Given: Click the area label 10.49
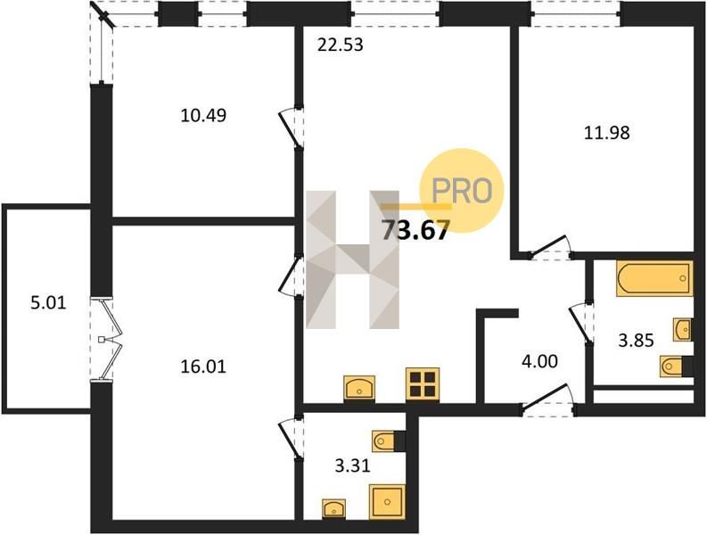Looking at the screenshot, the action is [203, 116].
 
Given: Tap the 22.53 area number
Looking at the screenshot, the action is [340, 45].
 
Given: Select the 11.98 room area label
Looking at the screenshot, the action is [607, 133].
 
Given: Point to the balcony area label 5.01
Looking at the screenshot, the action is [48, 302].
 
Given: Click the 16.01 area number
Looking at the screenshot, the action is [203, 366].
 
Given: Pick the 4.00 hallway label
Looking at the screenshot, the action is [539, 361].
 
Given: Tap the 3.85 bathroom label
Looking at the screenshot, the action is [636, 341].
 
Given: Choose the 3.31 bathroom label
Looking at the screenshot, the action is [352, 465].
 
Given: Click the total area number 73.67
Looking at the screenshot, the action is [415, 230].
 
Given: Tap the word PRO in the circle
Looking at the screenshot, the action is [461, 191].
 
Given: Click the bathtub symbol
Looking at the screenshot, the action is [654, 278].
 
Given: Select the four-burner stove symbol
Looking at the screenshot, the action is [423, 384].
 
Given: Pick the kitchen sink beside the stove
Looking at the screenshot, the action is [359, 388].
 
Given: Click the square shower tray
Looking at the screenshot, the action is [387, 502].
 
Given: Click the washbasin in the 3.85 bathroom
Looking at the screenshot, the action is [683, 329].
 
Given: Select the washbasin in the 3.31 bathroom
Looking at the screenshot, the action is [333, 508].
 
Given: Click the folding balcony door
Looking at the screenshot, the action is [108, 339].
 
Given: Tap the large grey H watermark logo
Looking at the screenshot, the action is [352, 259].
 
